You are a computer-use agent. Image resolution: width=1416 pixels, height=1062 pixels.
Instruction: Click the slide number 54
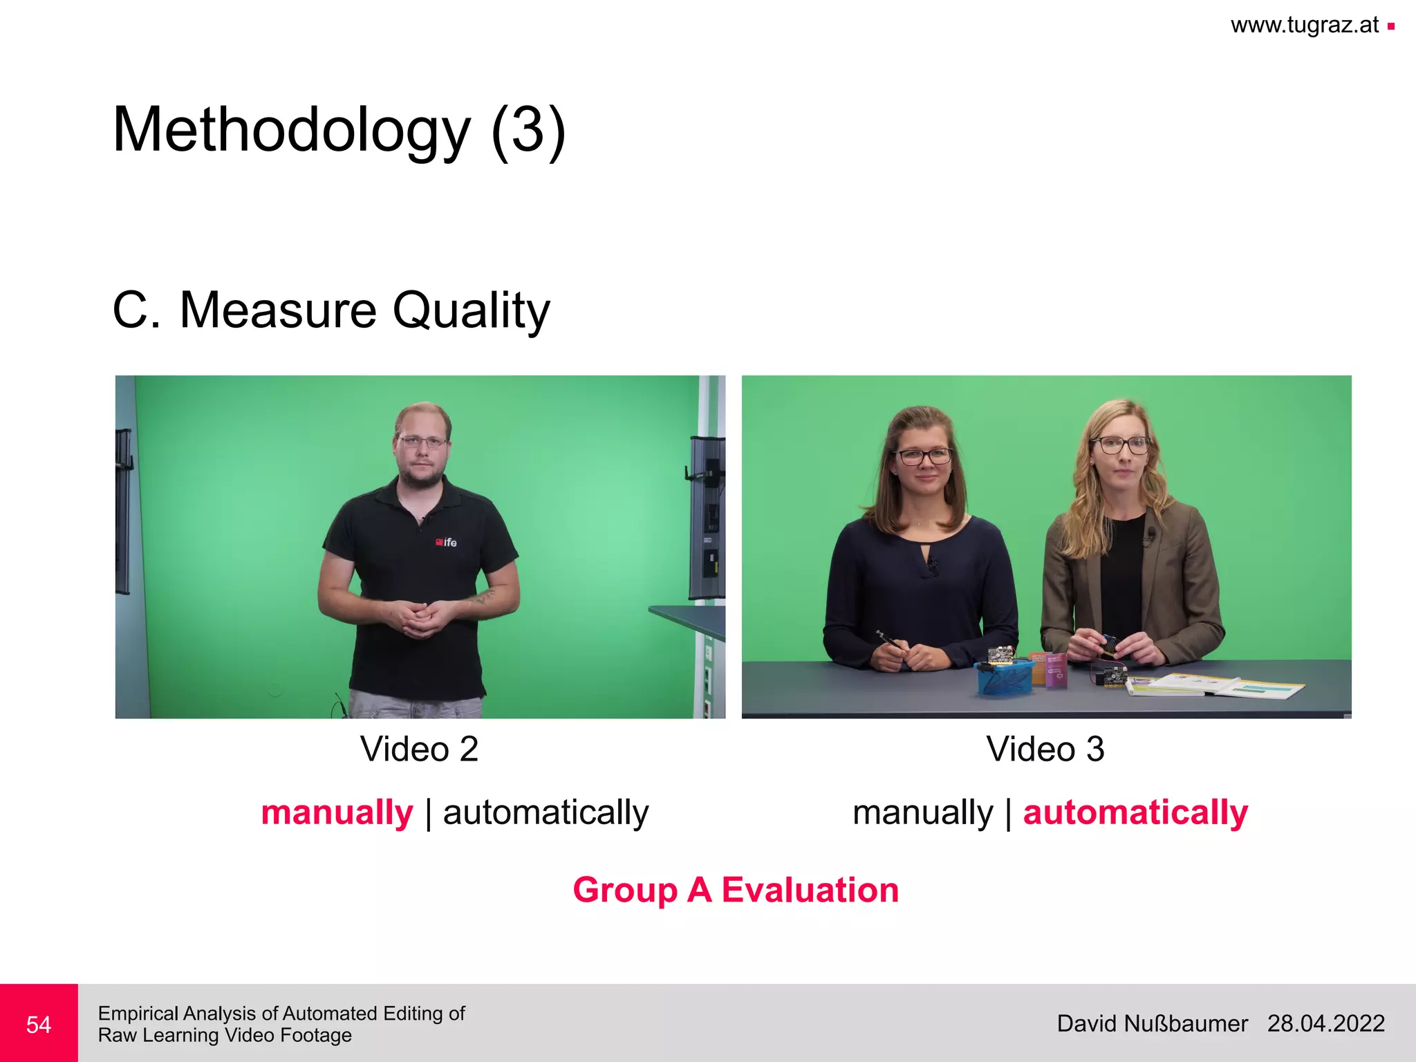39,1024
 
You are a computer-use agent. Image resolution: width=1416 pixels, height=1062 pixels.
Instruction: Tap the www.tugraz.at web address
1305,26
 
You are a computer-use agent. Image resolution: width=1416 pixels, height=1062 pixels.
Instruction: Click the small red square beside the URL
1390,27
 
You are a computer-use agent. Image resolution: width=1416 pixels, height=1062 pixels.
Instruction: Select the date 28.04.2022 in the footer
1325,1023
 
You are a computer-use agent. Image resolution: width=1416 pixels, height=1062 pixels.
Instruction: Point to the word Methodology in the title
291,131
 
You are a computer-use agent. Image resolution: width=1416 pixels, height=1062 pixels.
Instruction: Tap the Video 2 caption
419,749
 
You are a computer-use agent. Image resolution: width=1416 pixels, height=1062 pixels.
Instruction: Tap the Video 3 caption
1045,749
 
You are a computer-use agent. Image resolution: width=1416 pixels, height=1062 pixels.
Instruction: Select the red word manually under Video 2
337,812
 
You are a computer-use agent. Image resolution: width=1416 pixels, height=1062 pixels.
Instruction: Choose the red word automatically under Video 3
1135,812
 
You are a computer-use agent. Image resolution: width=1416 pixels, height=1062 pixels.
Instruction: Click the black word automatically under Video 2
546,812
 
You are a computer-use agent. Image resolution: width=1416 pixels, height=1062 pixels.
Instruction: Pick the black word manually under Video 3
922,812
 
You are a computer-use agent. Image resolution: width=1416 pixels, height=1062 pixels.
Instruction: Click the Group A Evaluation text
736,890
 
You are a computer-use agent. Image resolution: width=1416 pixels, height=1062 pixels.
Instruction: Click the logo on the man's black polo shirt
446,542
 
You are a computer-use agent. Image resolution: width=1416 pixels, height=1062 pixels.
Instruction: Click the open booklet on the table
1217,686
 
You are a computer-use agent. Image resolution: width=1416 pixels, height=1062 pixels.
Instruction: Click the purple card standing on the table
1055,669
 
